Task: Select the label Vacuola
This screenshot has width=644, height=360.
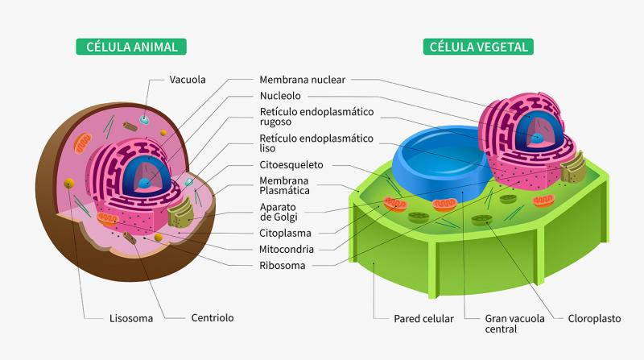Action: point(188,80)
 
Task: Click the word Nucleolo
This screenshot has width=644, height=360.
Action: point(280,96)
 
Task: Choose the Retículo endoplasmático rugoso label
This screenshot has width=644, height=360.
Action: point(316,118)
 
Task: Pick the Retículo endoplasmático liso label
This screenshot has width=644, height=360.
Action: point(316,143)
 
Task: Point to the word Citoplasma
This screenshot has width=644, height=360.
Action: point(286,234)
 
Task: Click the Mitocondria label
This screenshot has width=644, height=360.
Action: point(287,249)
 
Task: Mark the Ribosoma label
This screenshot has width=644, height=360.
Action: point(282,265)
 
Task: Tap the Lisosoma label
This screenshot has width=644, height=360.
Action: point(130,318)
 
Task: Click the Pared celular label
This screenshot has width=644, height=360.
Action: point(423,318)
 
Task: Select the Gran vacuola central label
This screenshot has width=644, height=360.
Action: point(515,323)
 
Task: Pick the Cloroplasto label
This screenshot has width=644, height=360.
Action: point(594,318)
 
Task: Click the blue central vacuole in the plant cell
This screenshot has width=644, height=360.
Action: point(438,161)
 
